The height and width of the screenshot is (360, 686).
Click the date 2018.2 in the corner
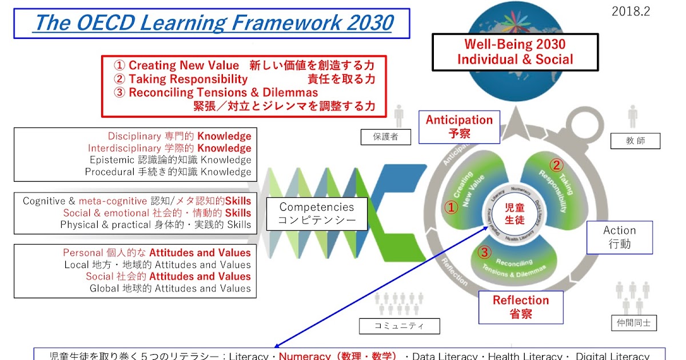[x=631, y=11]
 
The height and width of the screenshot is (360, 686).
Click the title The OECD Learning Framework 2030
[x=213, y=23]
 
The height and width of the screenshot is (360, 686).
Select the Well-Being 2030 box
[x=514, y=51]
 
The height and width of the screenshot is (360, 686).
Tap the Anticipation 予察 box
[x=459, y=127]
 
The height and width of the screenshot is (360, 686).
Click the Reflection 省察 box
[x=520, y=307]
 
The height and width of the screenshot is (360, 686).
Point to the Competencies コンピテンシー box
[x=316, y=214]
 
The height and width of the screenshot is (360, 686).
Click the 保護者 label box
[x=385, y=137]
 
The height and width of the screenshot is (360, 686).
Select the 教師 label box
[x=635, y=141]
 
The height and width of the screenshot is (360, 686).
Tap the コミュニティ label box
[x=400, y=326]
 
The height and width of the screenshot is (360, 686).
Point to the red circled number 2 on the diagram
[x=556, y=165]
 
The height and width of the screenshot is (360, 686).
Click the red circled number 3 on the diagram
[x=484, y=252]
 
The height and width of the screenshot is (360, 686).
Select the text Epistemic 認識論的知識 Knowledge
[x=170, y=160]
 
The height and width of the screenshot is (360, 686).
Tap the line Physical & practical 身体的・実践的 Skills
[x=155, y=225]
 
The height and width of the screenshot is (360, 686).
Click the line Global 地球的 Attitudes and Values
[x=170, y=288]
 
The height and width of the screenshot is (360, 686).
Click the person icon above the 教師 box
[x=632, y=116]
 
